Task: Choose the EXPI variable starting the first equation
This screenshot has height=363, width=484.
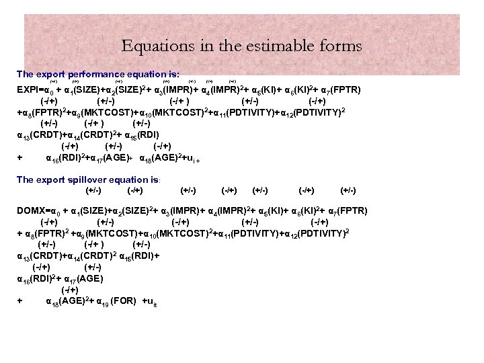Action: point(29,89)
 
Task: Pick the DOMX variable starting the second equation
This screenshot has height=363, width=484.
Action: point(31,210)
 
